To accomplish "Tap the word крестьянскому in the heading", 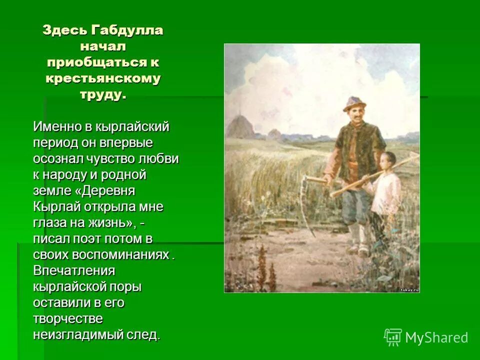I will click(x=103, y=78).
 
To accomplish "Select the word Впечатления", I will click(x=74, y=270).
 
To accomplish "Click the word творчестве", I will click(x=68, y=318).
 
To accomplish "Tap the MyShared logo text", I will click(x=436, y=337).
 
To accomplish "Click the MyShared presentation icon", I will click(x=393, y=337).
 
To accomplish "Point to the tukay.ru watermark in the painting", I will click(x=409, y=289).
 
